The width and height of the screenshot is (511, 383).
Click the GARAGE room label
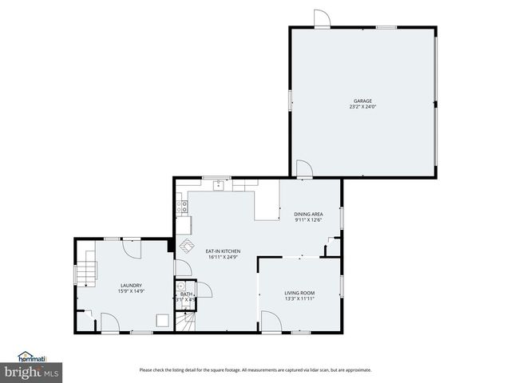[362, 101]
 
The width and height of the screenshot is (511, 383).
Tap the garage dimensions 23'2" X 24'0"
[362, 108]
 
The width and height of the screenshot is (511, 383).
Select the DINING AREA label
[308, 214]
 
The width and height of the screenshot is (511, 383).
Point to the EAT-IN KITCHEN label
[223, 251]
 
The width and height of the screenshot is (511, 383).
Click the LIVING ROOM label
[299, 293]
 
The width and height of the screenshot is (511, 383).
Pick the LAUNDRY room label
[131, 285]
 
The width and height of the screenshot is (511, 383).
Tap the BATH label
[185, 294]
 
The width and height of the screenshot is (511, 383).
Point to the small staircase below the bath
[185, 321]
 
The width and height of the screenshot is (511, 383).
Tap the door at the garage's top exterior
[320, 18]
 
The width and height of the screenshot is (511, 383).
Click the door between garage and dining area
[303, 168]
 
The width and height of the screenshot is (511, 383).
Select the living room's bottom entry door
[271, 322]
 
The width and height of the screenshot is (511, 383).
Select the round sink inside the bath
[181, 286]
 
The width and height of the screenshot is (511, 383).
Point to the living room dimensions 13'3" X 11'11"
[299, 300]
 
